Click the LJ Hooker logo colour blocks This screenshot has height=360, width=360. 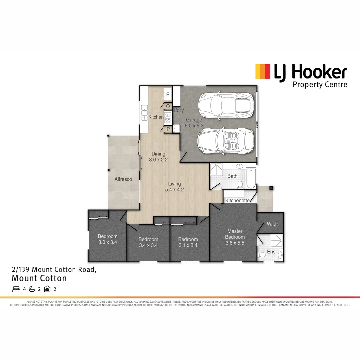(x=263, y=71)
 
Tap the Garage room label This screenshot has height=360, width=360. (x=194, y=120)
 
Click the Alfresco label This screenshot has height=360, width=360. (x=123, y=179)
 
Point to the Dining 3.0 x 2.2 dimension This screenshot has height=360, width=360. (x=158, y=160)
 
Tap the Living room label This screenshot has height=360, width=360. (x=174, y=184)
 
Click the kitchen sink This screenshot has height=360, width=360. (x=144, y=112)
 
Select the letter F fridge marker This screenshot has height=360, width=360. (x=168, y=95)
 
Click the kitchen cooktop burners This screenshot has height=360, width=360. (x=168, y=117)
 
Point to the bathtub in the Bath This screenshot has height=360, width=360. (x=251, y=178)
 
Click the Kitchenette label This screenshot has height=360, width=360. (x=237, y=200)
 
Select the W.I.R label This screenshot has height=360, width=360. (x=273, y=224)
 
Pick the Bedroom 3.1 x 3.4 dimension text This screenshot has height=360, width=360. (x=188, y=245)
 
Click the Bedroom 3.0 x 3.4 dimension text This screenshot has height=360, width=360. (x=107, y=242)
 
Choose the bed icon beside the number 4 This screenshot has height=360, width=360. (x=16, y=289)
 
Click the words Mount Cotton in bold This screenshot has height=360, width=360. (x=39, y=278)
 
